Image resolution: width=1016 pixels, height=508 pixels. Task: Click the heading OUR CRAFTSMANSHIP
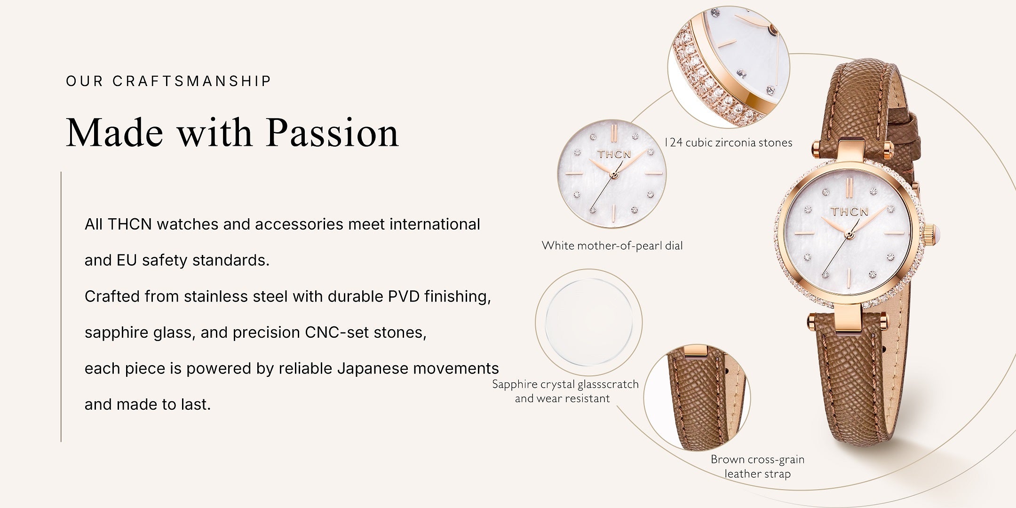point(168,81)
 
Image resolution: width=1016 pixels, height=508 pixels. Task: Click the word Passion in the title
point(333,134)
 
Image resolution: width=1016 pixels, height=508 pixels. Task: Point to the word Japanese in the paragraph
point(373,369)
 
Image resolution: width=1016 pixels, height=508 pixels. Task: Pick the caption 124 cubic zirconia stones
point(729,143)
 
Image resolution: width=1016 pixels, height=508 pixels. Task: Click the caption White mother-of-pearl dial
point(612,246)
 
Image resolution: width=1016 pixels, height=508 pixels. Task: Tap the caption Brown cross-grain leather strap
point(757,467)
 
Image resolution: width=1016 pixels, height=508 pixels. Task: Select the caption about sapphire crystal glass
point(565,391)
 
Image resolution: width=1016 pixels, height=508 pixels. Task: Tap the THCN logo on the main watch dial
point(849,211)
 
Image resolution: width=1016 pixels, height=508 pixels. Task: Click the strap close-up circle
point(697,399)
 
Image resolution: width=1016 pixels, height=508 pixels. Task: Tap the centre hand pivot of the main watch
point(848,233)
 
